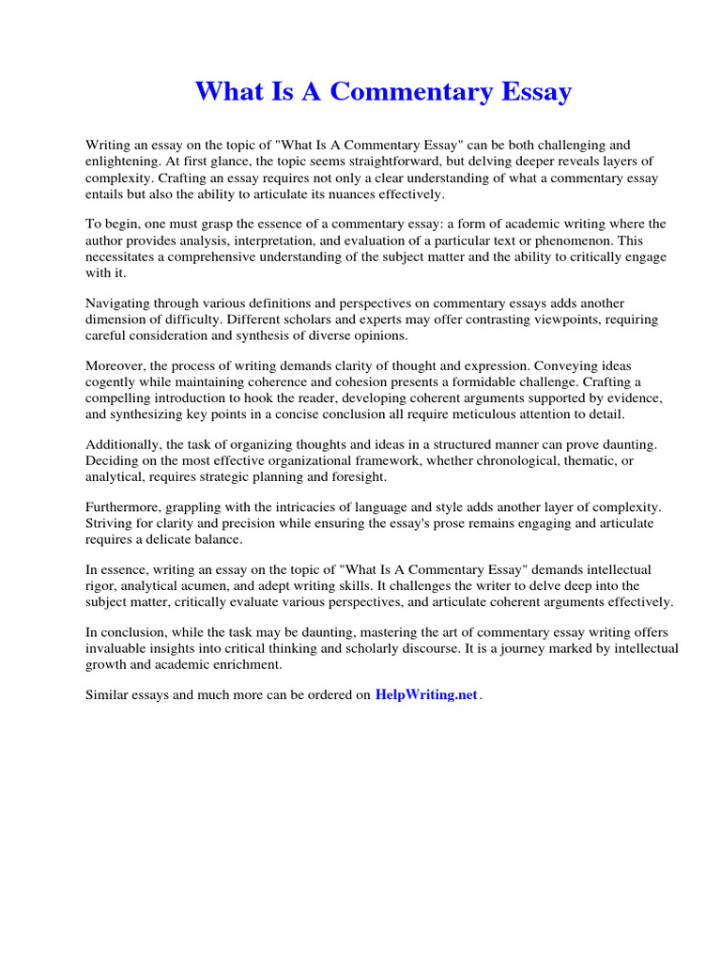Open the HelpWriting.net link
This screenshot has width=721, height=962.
click(x=426, y=695)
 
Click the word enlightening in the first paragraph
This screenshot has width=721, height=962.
click(x=122, y=162)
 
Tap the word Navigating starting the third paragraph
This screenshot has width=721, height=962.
click(x=119, y=303)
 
